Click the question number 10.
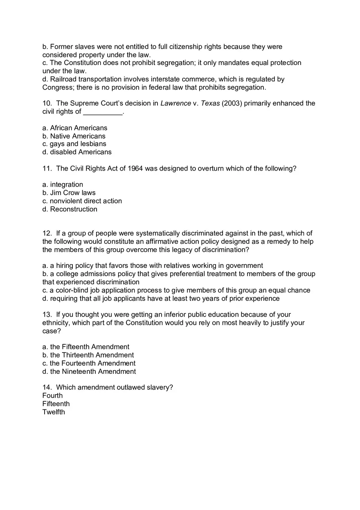coord(47,103)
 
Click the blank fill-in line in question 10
coord(103,112)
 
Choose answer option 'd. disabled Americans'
coord(77,152)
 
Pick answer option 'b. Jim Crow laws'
coord(69,193)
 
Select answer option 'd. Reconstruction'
coord(70,209)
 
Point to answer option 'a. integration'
coord(63,184)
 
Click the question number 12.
coord(47,234)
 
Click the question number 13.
coord(47,315)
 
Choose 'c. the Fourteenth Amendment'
coord(89,363)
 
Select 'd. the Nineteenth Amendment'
coord(89,371)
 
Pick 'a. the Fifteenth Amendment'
coord(86,347)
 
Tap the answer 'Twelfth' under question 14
coord(54,412)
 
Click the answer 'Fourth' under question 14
coord(53,395)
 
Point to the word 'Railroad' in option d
coord(63,79)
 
